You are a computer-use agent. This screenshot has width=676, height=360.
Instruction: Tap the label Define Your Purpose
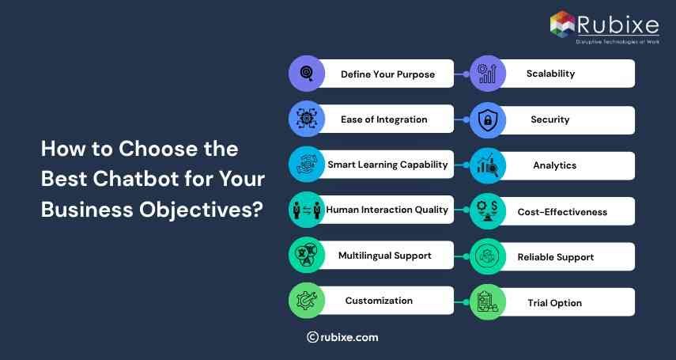[x=387, y=74]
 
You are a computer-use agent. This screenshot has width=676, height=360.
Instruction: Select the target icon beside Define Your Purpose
[x=306, y=74]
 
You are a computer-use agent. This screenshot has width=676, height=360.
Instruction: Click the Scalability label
[x=550, y=74]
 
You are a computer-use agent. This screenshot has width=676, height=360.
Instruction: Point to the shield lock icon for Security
[x=488, y=121]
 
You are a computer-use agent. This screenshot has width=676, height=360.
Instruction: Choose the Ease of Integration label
[x=384, y=119]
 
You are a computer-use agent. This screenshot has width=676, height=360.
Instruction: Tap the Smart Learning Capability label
[x=387, y=165]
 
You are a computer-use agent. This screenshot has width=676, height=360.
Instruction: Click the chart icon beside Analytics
[x=488, y=166]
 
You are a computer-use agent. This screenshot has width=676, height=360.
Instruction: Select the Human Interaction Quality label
[x=387, y=210]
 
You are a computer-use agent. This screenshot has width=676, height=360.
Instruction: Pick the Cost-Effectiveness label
[x=562, y=212]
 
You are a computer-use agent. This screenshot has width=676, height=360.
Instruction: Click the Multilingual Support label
[x=385, y=256]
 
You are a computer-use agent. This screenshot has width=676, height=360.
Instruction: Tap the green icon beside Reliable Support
[x=488, y=257]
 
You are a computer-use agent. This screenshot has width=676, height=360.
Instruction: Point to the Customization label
[x=379, y=301]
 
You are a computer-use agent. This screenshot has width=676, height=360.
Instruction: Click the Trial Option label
[x=554, y=303]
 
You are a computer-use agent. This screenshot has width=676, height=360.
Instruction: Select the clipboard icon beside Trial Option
[x=488, y=302]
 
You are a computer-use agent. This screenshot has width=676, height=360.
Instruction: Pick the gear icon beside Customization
[x=306, y=301]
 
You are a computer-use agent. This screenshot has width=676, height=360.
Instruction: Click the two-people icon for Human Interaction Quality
[x=306, y=210]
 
